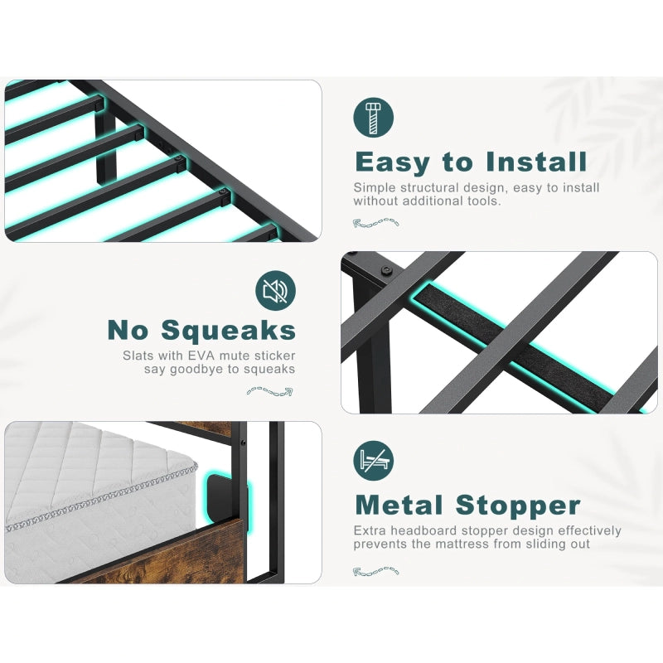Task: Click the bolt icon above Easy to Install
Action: [x=374, y=119]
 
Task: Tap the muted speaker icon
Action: [x=275, y=291]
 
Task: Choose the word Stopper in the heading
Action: [x=520, y=505]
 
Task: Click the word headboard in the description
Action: [x=416, y=530]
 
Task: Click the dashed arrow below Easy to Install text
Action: [x=376, y=222]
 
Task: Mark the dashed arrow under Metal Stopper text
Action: [x=376, y=570]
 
